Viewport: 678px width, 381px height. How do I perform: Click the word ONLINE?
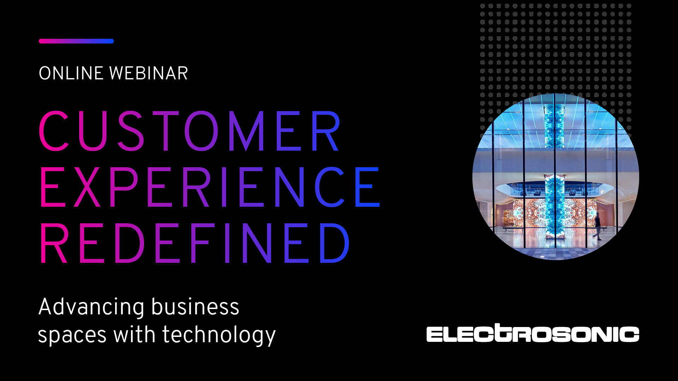(71, 73)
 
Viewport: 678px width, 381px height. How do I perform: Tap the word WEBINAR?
(149, 73)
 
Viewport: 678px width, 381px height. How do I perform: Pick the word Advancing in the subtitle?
(91, 307)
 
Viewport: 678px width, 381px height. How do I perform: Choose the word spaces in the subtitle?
(72, 335)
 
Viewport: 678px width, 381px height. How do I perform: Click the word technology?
(219, 335)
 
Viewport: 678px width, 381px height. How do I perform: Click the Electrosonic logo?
(533, 333)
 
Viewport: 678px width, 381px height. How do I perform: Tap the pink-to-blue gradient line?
(76, 41)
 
